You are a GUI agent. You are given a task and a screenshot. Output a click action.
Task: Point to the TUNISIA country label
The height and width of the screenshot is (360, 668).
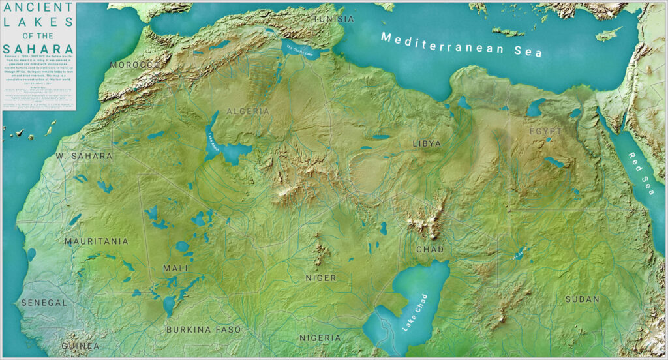point(334,19)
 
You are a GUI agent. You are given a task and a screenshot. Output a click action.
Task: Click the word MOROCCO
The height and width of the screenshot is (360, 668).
point(135,65)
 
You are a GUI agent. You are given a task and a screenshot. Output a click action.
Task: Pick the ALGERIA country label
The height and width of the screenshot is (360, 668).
point(248,112)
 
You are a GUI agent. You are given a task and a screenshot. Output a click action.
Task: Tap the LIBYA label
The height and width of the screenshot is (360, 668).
point(427,143)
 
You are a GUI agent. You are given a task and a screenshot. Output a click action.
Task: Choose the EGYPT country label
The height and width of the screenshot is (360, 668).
point(545,131)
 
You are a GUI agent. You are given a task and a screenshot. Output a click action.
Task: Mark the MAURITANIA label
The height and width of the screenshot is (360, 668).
point(97,241)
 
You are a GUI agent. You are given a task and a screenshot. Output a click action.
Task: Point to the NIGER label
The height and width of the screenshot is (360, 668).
point(321,278)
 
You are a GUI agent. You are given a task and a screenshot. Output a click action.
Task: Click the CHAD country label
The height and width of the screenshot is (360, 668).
point(429,250)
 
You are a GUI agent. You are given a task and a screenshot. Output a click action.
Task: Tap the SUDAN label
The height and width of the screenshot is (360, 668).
point(582,299)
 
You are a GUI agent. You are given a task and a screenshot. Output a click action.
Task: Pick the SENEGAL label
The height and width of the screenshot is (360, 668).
point(44,303)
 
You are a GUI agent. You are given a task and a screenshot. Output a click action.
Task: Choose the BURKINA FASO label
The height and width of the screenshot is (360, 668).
point(204,329)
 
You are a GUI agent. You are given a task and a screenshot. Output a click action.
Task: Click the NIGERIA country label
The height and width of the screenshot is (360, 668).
point(320,338)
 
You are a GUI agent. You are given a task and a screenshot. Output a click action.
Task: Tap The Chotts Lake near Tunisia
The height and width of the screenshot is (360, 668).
point(301,52)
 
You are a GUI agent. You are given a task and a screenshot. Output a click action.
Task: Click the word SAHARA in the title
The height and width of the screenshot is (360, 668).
point(38,49)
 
